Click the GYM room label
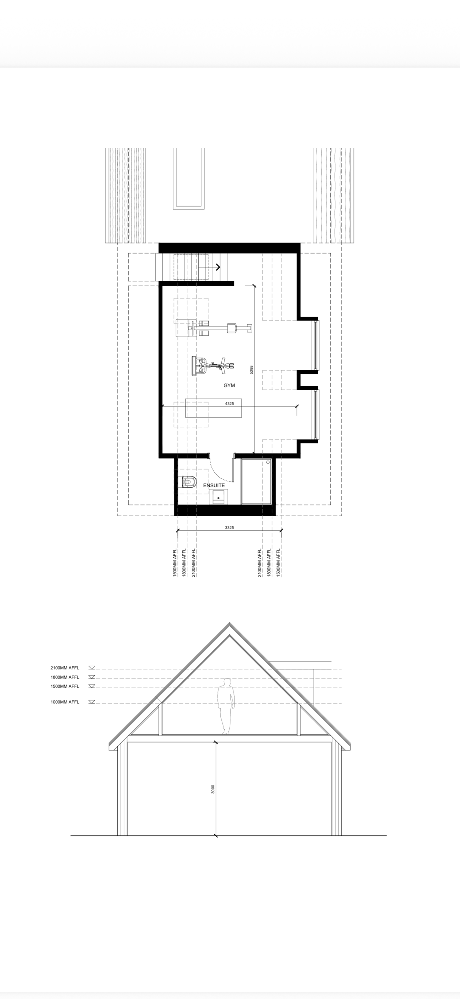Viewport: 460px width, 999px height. click(x=229, y=386)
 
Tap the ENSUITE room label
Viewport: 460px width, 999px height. click(x=214, y=485)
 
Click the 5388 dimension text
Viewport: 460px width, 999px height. click(x=251, y=370)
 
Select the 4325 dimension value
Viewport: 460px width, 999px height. click(x=229, y=404)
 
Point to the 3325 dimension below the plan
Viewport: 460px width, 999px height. click(x=229, y=527)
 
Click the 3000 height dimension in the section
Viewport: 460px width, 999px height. click(x=213, y=789)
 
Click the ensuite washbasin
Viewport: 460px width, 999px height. click(x=219, y=497)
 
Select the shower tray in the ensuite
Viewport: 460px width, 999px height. click(x=256, y=481)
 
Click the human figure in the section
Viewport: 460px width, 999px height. click(x=226, y=706)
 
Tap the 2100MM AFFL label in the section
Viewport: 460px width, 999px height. click(x=65, y=668)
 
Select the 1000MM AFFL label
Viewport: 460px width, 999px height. click(x=65, y=702)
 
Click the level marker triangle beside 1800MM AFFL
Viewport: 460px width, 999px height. click(x=92, y=677)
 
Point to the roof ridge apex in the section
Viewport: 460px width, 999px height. click(x=229, y=623)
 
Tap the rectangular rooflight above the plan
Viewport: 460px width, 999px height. click(x=189, y=178)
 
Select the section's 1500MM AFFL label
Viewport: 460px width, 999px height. click(x=65, y=686)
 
